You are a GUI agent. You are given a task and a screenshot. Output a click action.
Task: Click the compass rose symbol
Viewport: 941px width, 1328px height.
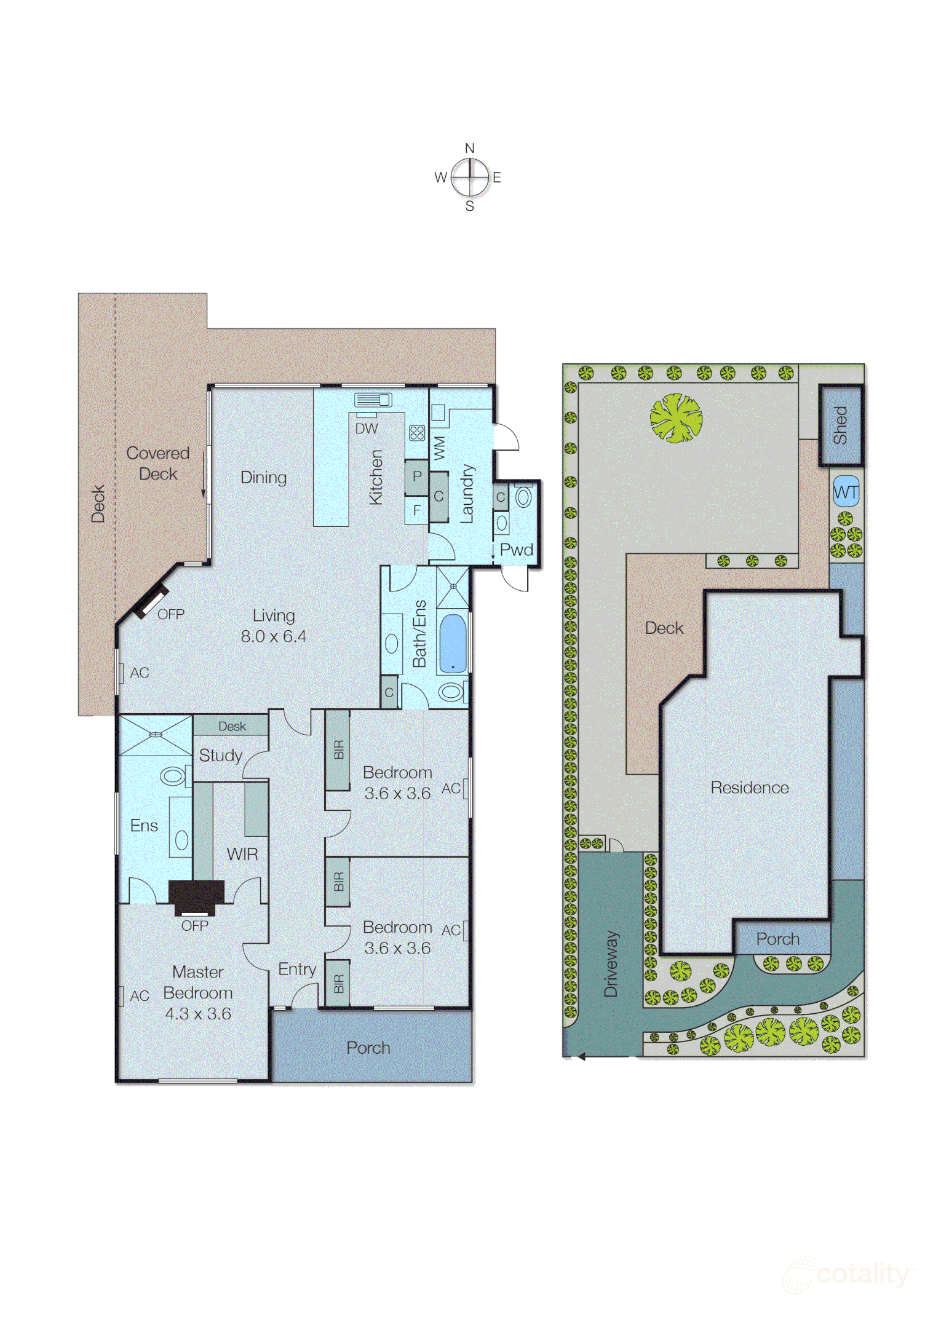point(470,177)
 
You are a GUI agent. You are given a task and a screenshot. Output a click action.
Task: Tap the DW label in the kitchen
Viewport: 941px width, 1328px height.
point(367,429)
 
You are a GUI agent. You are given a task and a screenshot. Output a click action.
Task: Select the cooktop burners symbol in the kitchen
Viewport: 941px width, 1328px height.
point(416,433)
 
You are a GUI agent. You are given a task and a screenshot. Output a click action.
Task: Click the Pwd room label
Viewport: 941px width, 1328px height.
point(516,550)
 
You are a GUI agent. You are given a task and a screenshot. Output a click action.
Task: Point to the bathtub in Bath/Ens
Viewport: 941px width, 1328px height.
point(453,643)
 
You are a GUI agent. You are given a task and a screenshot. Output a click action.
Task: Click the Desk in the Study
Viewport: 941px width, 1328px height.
point(231,726)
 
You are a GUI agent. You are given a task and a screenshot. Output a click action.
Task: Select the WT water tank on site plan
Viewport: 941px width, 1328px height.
point(846,492)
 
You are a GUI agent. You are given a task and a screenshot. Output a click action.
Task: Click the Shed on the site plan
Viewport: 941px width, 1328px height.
point(840,425)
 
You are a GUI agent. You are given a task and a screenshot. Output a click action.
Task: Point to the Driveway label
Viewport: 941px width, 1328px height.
point(611,963)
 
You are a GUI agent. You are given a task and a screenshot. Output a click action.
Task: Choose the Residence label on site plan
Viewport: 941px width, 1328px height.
point(749,788)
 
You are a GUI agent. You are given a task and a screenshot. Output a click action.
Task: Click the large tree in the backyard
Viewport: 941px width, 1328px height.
point(676,418)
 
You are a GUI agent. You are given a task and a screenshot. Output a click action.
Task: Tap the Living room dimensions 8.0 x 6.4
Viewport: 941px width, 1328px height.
point(273,636)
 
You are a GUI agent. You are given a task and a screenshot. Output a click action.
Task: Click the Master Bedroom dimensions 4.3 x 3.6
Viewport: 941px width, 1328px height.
point(197,1014)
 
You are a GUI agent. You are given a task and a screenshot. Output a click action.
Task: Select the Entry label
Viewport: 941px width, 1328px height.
point(297,969)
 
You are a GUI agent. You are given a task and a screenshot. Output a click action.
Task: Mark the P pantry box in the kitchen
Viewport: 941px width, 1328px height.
point(417,476)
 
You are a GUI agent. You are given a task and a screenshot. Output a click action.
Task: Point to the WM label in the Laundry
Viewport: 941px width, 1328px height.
point(439,448)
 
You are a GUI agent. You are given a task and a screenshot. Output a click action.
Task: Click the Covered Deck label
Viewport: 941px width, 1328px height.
point(157,463)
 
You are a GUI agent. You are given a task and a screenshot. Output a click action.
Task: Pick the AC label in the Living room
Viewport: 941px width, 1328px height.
point(140,673)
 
